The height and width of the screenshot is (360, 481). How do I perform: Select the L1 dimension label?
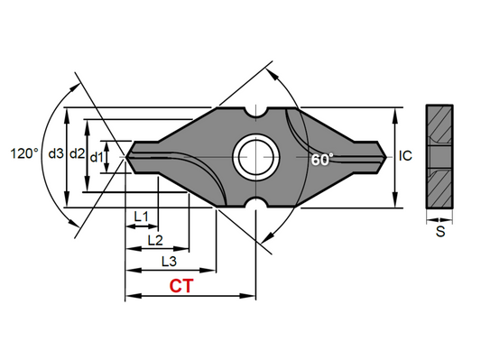[x=141, y=217]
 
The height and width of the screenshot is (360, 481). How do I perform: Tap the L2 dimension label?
[x=154, y=239]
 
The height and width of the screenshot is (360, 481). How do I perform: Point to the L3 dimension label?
[x=169, y=261]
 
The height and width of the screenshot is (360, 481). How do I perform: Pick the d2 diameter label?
[x=79, y=155]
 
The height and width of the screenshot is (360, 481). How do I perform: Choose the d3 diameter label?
[x=57, y=155]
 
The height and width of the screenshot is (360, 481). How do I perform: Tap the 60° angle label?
[x=322, y=159]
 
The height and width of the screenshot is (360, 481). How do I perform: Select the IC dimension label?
[x=405, y=155]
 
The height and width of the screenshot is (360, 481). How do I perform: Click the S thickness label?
[x=439, y=232]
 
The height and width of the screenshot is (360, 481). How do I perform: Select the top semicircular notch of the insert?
[x=254, y=114]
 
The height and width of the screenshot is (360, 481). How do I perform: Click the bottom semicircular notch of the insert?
[x=254, y=200]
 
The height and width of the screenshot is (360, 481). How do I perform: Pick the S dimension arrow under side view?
[x=439, y=218]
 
